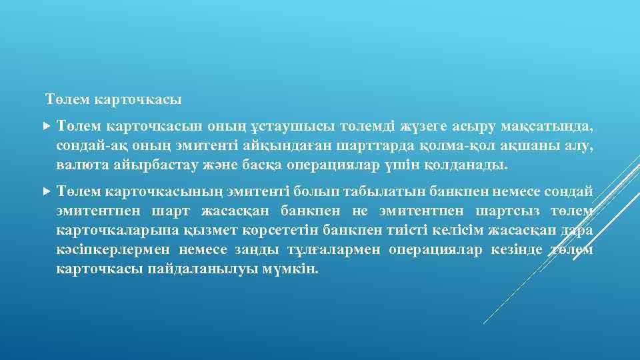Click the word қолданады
[466, 165]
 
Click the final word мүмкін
[293, 269]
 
